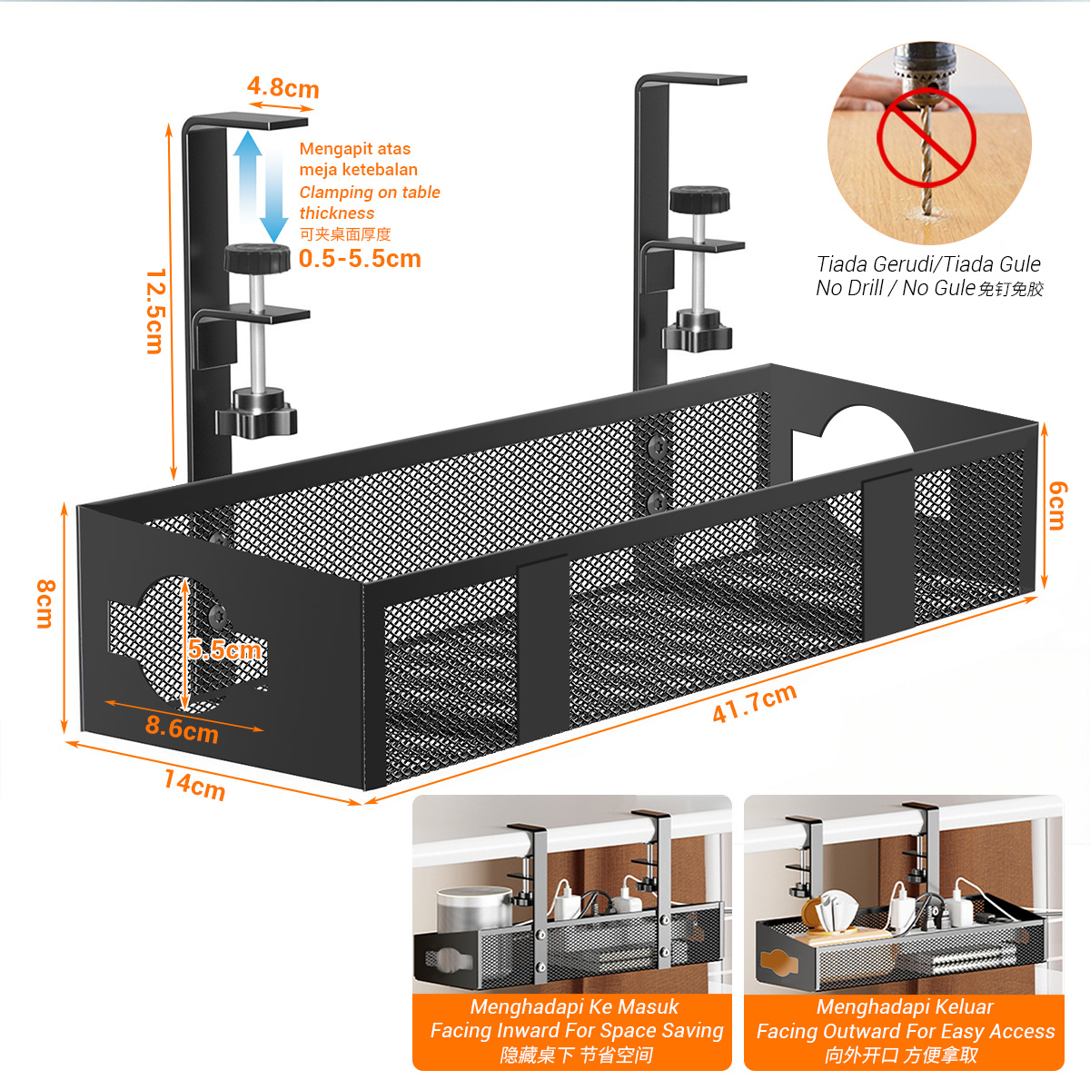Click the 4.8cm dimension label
tap(282, 88)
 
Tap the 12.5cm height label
tap(154, 311)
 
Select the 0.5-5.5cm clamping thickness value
tap(360, 259)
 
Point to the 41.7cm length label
tap(754, 703)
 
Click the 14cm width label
tap(194, 784)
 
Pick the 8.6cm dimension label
tap(182, 729)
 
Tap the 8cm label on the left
tap(45, 604)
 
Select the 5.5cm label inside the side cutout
tap(224, 649)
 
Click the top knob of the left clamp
tap(257, 258)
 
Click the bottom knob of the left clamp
tap(257, 412)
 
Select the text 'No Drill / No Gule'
tap(895, 289)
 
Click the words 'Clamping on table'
tap(370, 193)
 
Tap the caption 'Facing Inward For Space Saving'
tap(577, 1031)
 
